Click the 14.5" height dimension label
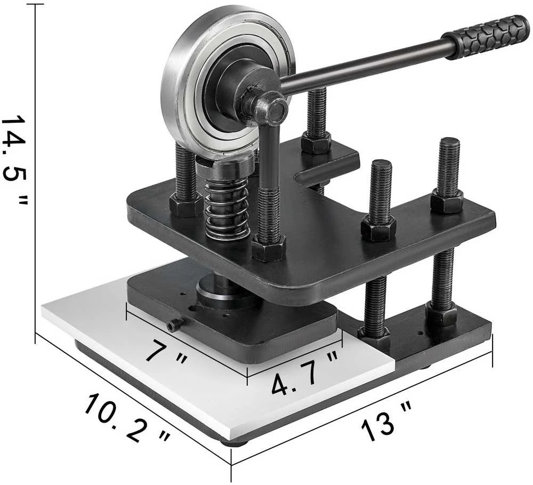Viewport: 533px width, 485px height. (x=14, y=161)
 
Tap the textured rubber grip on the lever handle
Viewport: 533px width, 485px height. (x=485, y=37)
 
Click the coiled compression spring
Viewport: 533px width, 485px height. (x=227, y=208)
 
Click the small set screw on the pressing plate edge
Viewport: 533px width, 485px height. (x=175, y=324)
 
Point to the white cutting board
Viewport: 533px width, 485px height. (x=217, y=368)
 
